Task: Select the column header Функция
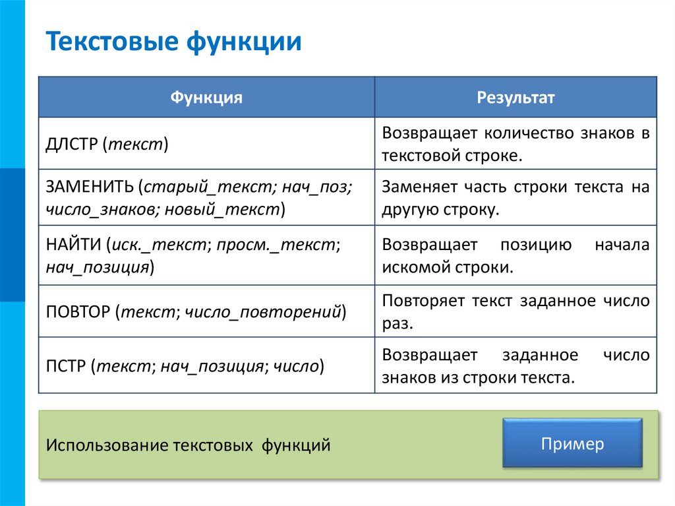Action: [x=206, y=98]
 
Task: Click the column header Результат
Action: [x=515, y=98]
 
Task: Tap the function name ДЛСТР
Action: [x=71, y=144]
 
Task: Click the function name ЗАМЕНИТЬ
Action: [x=89, y=187]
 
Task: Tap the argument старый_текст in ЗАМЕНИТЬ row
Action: [x=206, y=187]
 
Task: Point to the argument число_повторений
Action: [x=263, y=311]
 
